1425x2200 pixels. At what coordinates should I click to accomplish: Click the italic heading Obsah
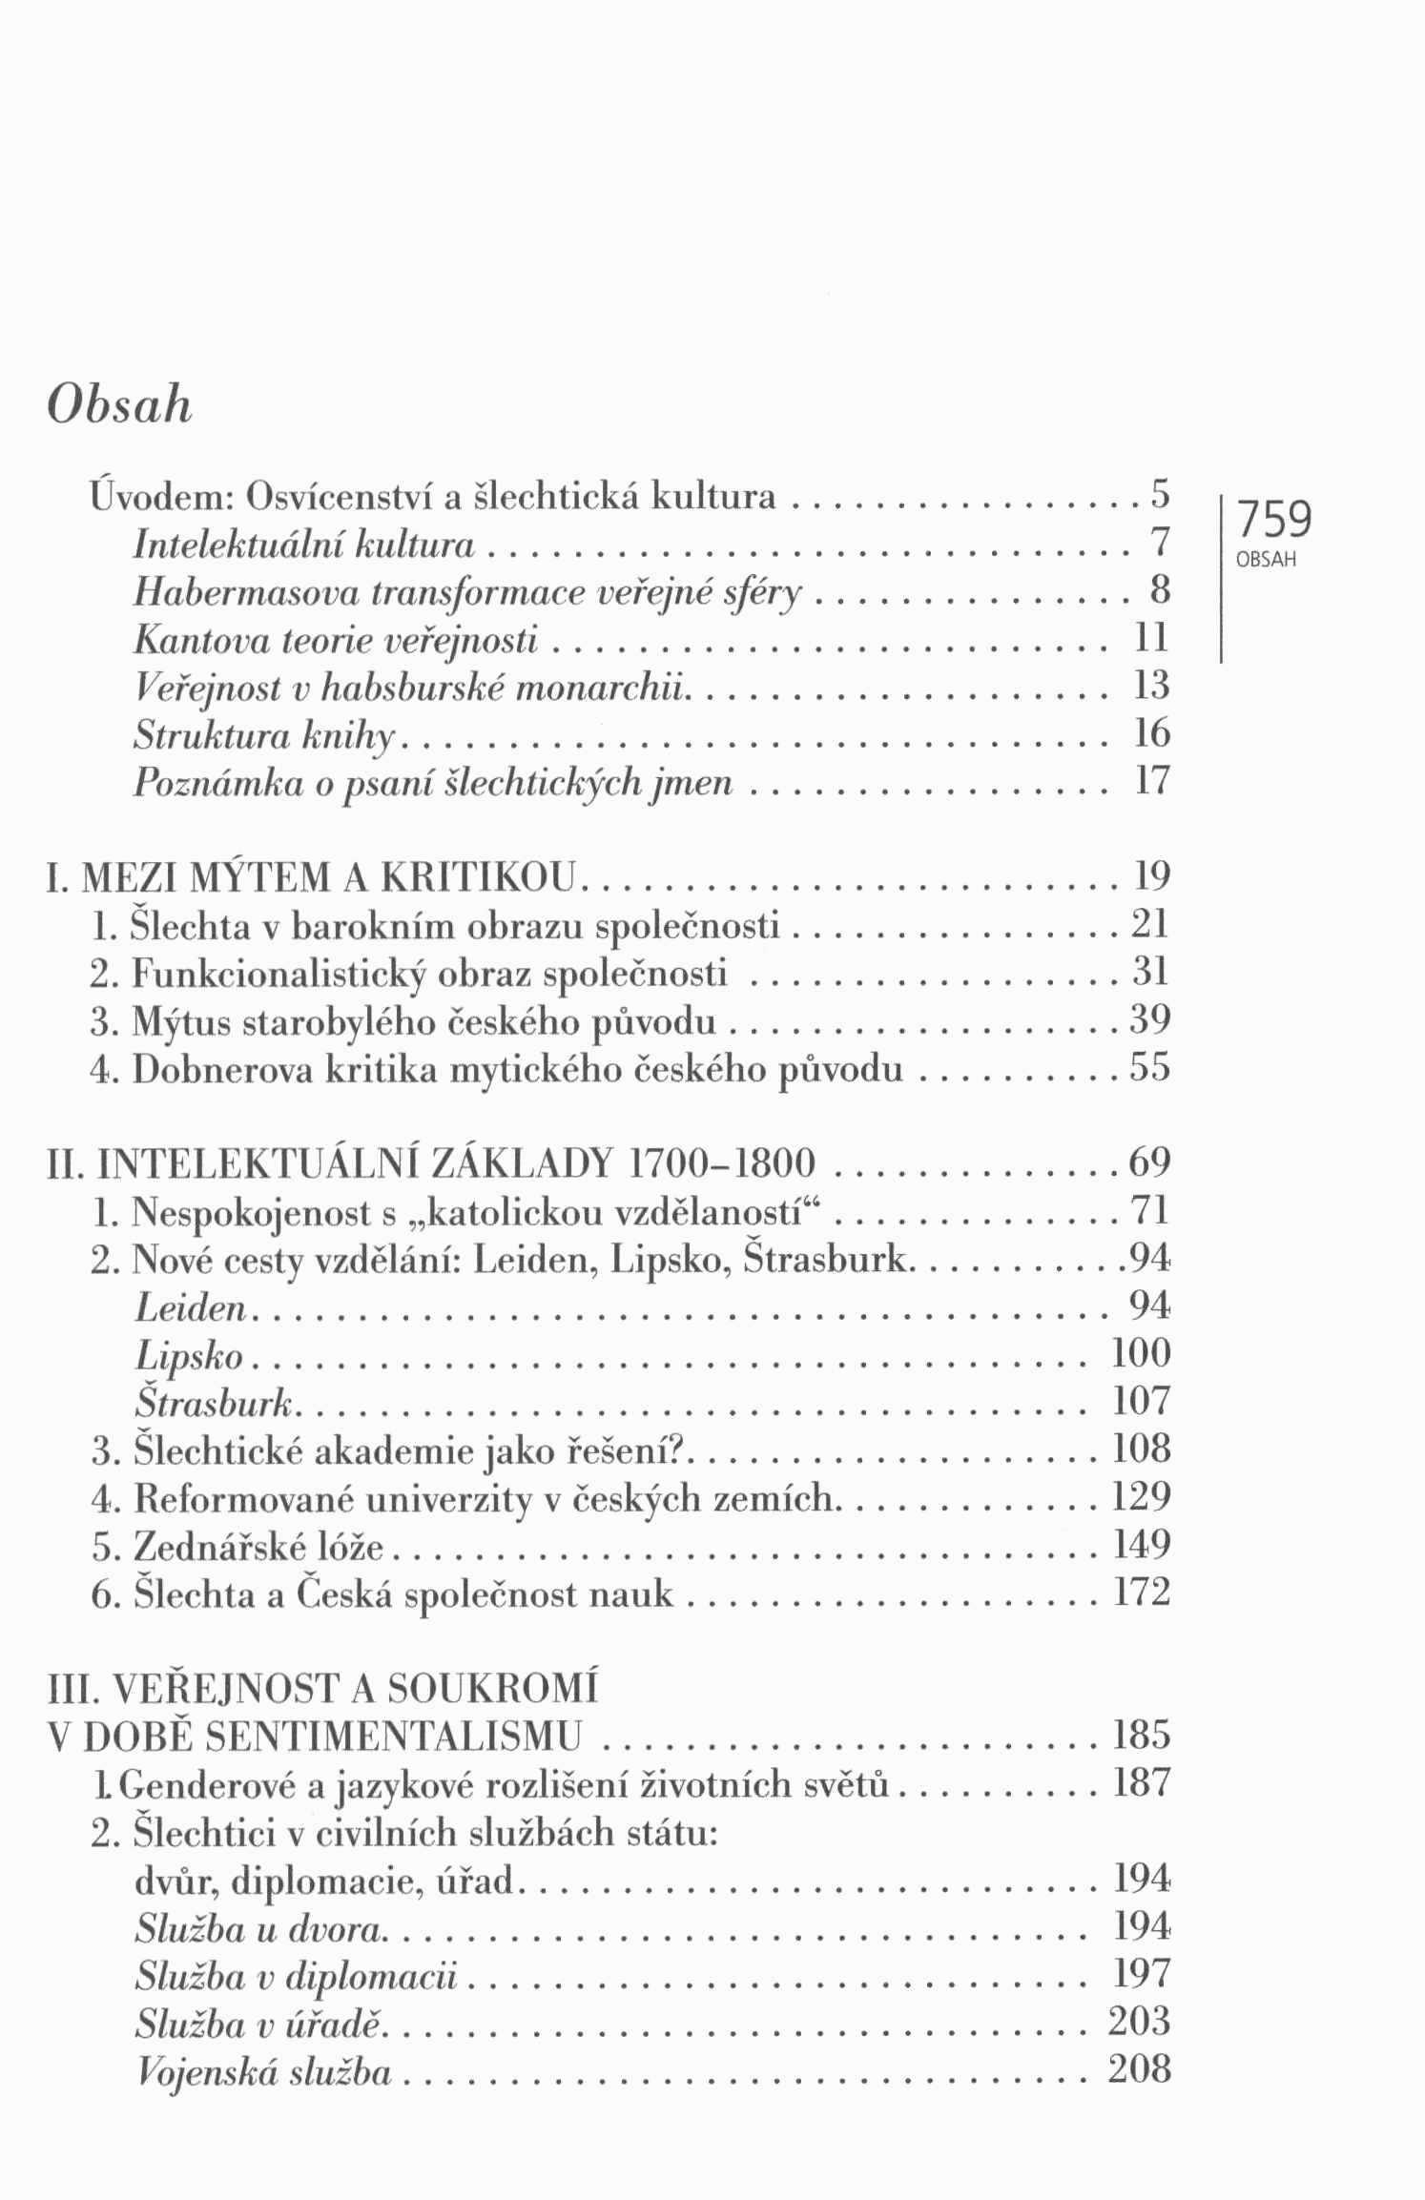[119, 405]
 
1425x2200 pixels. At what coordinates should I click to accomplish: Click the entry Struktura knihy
[265, 733]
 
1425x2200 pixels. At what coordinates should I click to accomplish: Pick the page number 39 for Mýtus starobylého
[1149, 1020]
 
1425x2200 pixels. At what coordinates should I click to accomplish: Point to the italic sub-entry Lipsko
[189, 1355]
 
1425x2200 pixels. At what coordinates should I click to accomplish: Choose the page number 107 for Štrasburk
[1141, 1401]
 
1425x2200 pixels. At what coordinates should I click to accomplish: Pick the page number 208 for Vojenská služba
[1140, 2069]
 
